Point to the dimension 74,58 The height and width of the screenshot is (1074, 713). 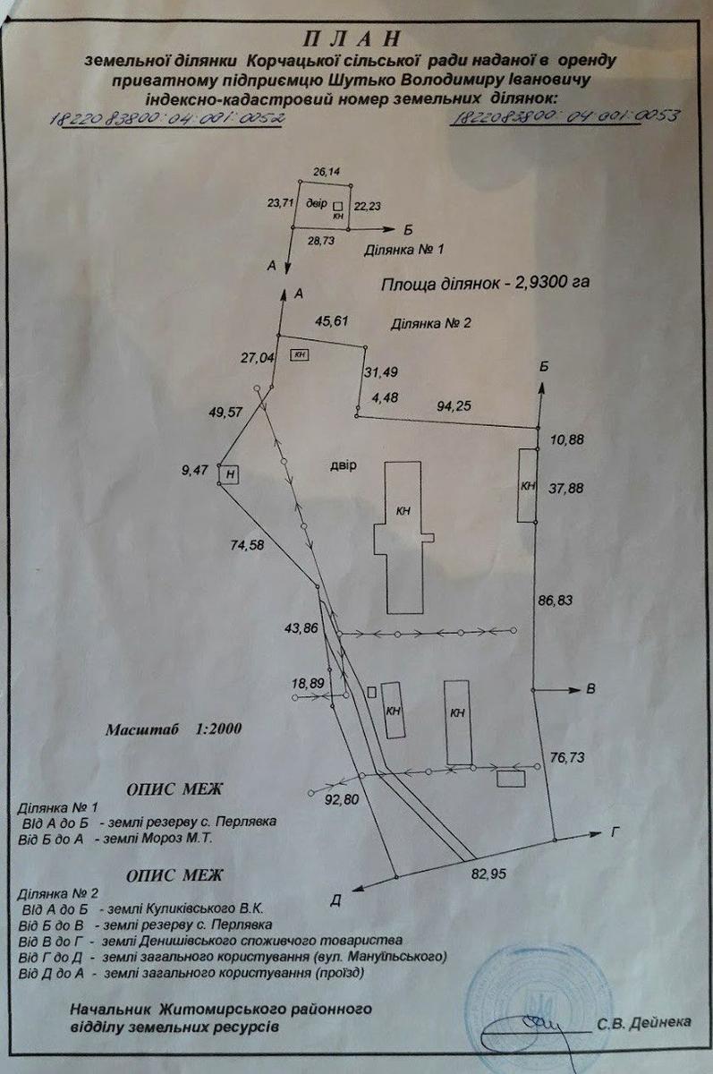coord(247,544)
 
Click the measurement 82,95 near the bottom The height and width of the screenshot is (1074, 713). coord(488,869)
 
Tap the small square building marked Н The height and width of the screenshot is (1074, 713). coord(230,473)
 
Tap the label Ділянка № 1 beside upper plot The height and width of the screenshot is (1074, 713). coord(403,251)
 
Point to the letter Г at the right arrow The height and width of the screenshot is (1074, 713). coord(615,831)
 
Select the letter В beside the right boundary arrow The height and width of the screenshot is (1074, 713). coord(590,689)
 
